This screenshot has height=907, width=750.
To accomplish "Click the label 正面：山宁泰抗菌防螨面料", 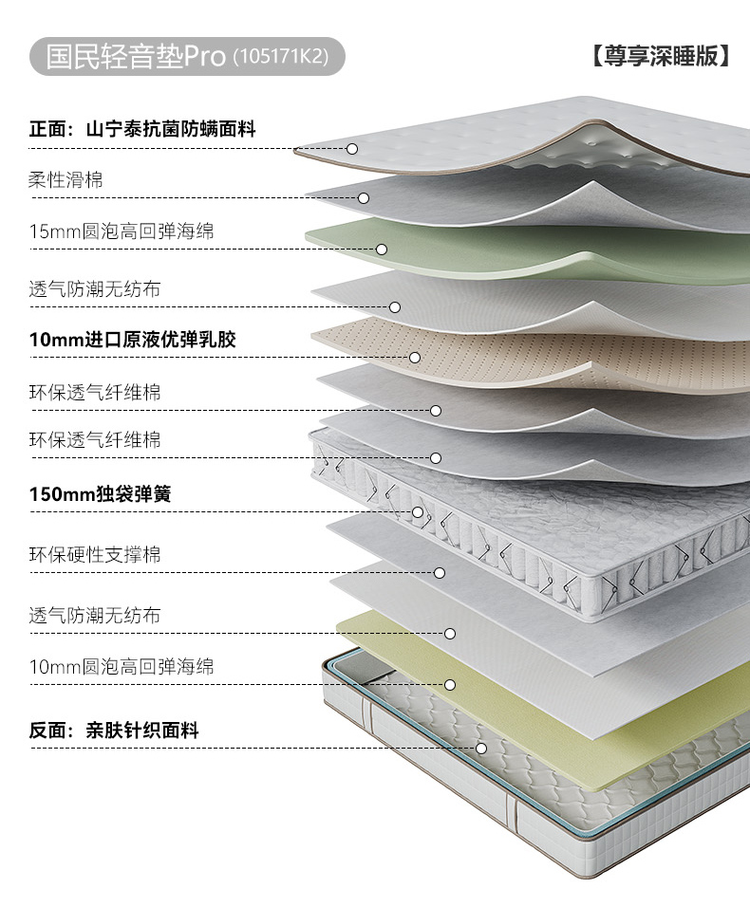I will (142, 129).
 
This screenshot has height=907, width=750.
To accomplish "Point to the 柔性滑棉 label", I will (66, 179).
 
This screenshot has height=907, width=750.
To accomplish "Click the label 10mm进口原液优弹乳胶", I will (133, 339).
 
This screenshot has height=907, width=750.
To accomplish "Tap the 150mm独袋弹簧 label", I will (101, 494).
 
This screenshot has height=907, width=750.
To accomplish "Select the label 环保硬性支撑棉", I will (95, 555).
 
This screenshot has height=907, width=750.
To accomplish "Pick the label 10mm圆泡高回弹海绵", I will (122, 667).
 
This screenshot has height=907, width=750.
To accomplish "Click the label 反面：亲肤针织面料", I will (114, 731).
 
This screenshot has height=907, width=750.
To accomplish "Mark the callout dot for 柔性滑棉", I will (364, 198).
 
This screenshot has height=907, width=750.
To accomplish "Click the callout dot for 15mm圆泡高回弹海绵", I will (381, 250).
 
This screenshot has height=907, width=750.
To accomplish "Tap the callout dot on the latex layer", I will (415, 358).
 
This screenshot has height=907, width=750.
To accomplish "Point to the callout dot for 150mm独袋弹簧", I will (418, 512).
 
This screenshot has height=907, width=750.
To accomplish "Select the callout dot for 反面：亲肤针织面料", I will (481, 748).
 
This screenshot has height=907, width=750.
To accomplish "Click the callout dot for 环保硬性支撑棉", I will (440, 573).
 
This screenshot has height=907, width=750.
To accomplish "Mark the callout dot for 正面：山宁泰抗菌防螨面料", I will (352, 149).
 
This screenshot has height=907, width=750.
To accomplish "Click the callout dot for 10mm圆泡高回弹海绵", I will (450, 684).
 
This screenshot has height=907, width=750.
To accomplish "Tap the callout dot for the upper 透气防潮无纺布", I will (395, 307).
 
